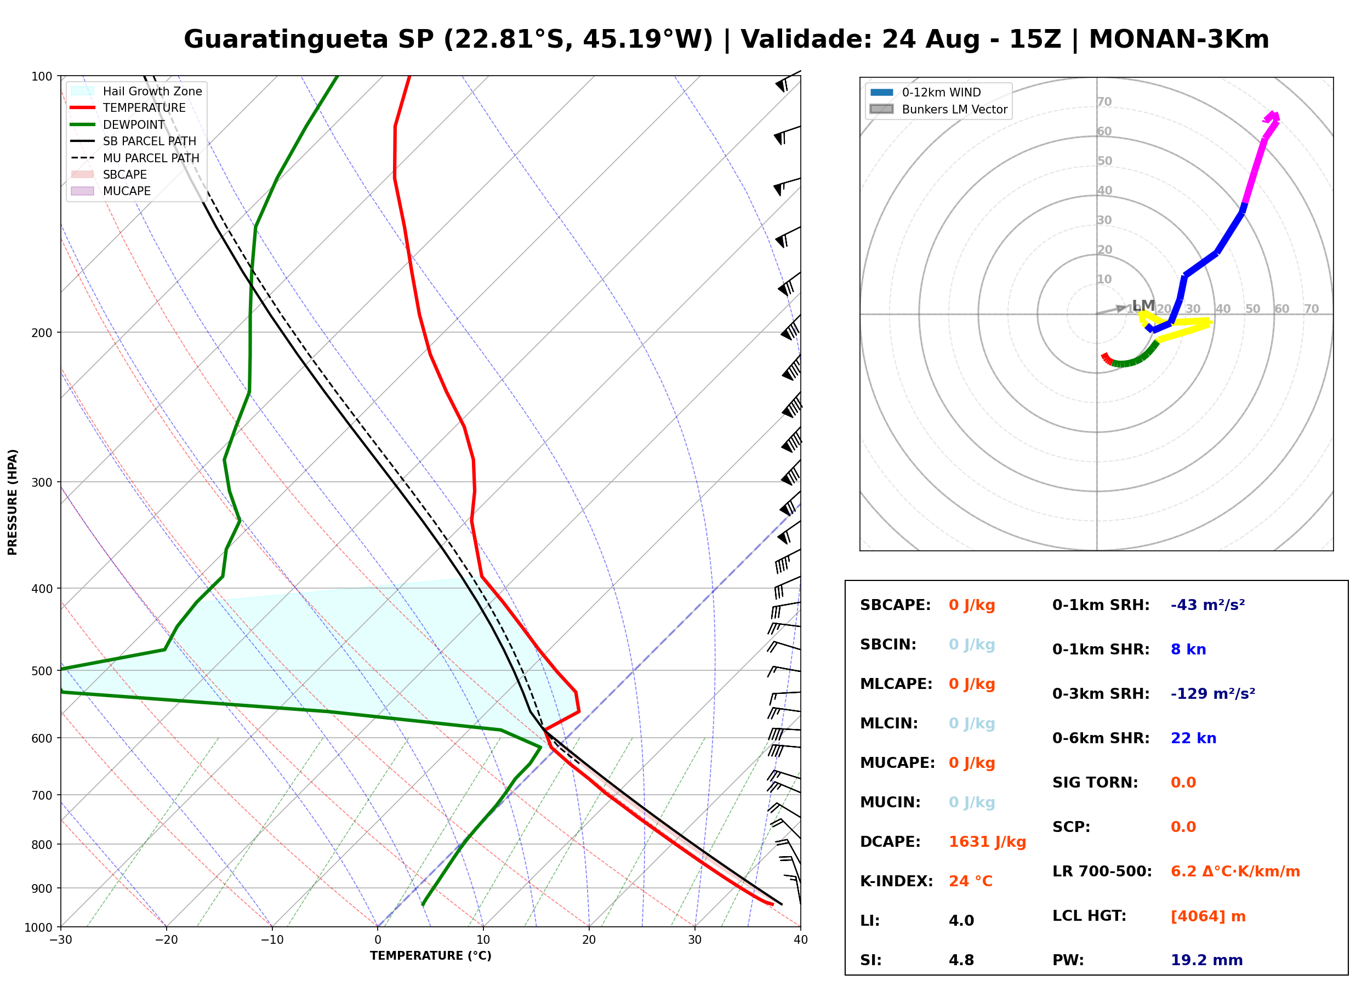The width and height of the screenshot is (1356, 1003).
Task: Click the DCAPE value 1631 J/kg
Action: [x=987, y=842]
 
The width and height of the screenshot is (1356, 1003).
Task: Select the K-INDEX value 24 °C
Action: [x=971, y=881]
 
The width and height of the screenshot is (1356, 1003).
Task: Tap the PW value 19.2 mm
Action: [x=1207, y=960]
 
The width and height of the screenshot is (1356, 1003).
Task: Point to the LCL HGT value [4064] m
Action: [x=1208, y=916]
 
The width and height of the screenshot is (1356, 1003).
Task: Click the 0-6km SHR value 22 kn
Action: [x=1193, y=738]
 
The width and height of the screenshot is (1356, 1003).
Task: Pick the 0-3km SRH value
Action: [x=1213, y=693]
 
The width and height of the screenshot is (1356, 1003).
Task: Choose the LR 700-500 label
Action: [x=1102, y=872]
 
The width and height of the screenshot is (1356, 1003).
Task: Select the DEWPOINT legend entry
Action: [x=118, y=124]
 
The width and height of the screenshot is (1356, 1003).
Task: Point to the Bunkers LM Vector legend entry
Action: [x=938, y=109]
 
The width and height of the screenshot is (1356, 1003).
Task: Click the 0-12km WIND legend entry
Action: [x=925, y=92]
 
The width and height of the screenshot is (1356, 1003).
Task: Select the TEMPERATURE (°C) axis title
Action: [x=431, y=956]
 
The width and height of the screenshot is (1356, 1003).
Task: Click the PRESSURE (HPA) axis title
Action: [x=13, y=502]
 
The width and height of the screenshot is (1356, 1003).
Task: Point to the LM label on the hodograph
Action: [x=1143, y=305]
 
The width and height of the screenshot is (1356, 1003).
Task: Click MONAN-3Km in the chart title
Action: [x=1179, y=39]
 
